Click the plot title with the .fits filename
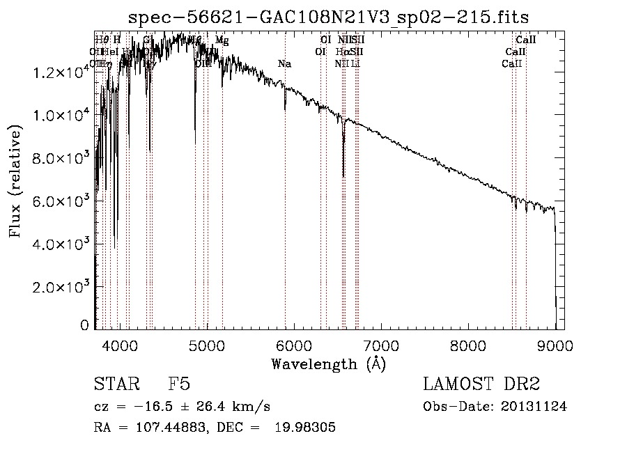tap(330, 18)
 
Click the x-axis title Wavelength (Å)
tap(328, 363)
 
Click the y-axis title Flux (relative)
tap(15, 181)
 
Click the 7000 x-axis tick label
tap(381, 344)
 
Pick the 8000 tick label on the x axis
tap(468, 344)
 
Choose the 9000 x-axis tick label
tap(555, 344)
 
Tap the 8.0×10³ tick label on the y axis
tap(63, 158)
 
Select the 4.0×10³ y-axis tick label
tap(63, 244)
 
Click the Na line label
tap(284, 64)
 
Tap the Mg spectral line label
tap(222, 40)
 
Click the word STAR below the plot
tap(111, 385)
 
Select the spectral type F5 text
tap(179, 385)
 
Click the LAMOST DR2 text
tap(481, 385)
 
